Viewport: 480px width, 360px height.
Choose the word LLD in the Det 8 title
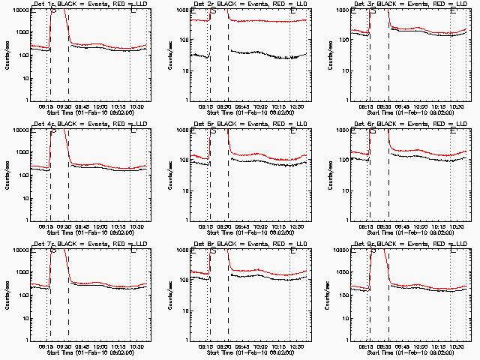301,244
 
